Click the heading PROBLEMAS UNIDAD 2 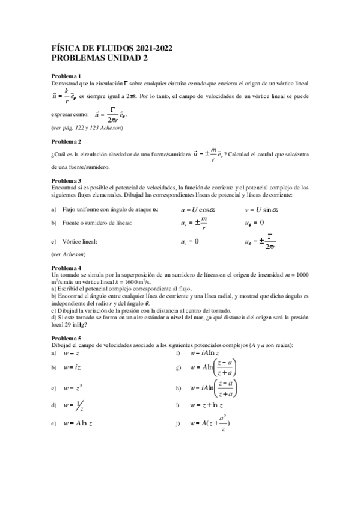(99, 58)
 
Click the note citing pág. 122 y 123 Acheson (87, 128)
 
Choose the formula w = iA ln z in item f (207, 352)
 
